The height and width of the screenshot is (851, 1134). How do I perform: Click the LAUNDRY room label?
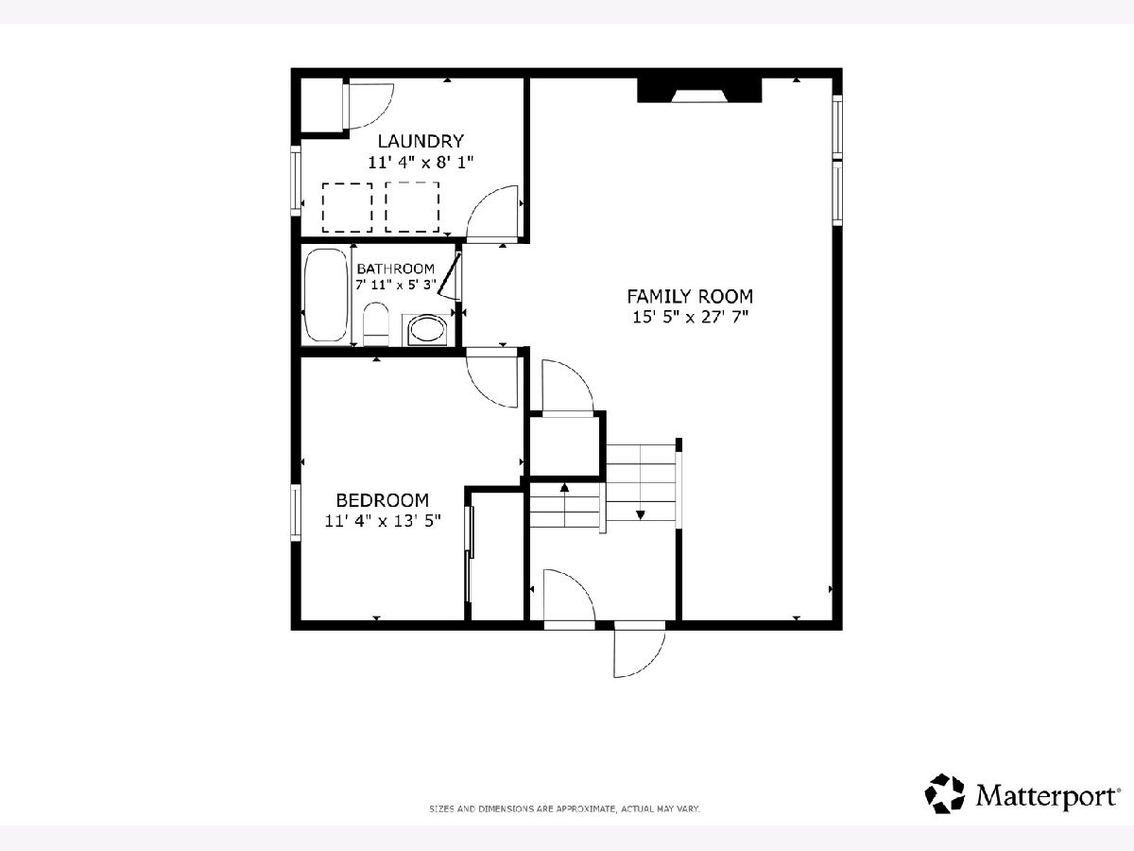[421, 141]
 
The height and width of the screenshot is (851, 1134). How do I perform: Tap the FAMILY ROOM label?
[690, 297]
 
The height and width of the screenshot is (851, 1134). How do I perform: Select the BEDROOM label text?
[383, 500]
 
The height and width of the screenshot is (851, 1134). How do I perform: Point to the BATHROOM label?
[396, 269]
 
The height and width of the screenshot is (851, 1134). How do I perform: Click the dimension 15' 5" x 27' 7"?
[690, 317]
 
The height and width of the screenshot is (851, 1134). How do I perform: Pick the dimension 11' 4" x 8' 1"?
[421, 163]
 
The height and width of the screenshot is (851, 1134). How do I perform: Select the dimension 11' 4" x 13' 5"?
[383, 520]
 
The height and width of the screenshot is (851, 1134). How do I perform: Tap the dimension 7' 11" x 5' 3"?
[396, 285]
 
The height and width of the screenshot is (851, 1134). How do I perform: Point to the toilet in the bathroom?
[375, 324]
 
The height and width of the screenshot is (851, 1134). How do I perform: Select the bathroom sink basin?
[426, 329]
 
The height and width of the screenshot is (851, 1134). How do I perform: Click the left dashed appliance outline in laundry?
[347, 208]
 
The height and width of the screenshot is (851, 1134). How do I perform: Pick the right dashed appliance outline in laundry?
[412, 207]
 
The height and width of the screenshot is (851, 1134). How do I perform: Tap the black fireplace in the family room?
[699, 91]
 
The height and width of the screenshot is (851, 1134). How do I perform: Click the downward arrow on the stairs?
[641, 514]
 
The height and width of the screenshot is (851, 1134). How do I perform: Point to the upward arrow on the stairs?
[565, 487]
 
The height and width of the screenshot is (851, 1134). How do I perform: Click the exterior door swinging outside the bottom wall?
[639, 650]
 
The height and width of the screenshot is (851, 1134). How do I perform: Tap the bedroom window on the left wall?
[296, 512]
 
